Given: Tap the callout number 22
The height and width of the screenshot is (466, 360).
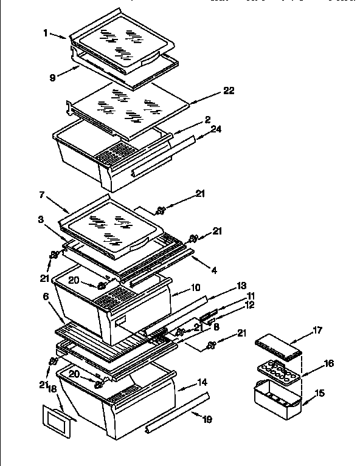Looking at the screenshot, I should tap(228, 91).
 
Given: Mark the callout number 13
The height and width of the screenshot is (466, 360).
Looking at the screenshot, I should tap(241, 286).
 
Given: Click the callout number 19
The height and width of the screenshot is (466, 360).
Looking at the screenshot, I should tap(208, 419).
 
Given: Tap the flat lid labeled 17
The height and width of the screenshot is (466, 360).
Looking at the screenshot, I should tap(279, 348).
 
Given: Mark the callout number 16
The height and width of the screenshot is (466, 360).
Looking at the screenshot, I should tap(328, 363).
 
